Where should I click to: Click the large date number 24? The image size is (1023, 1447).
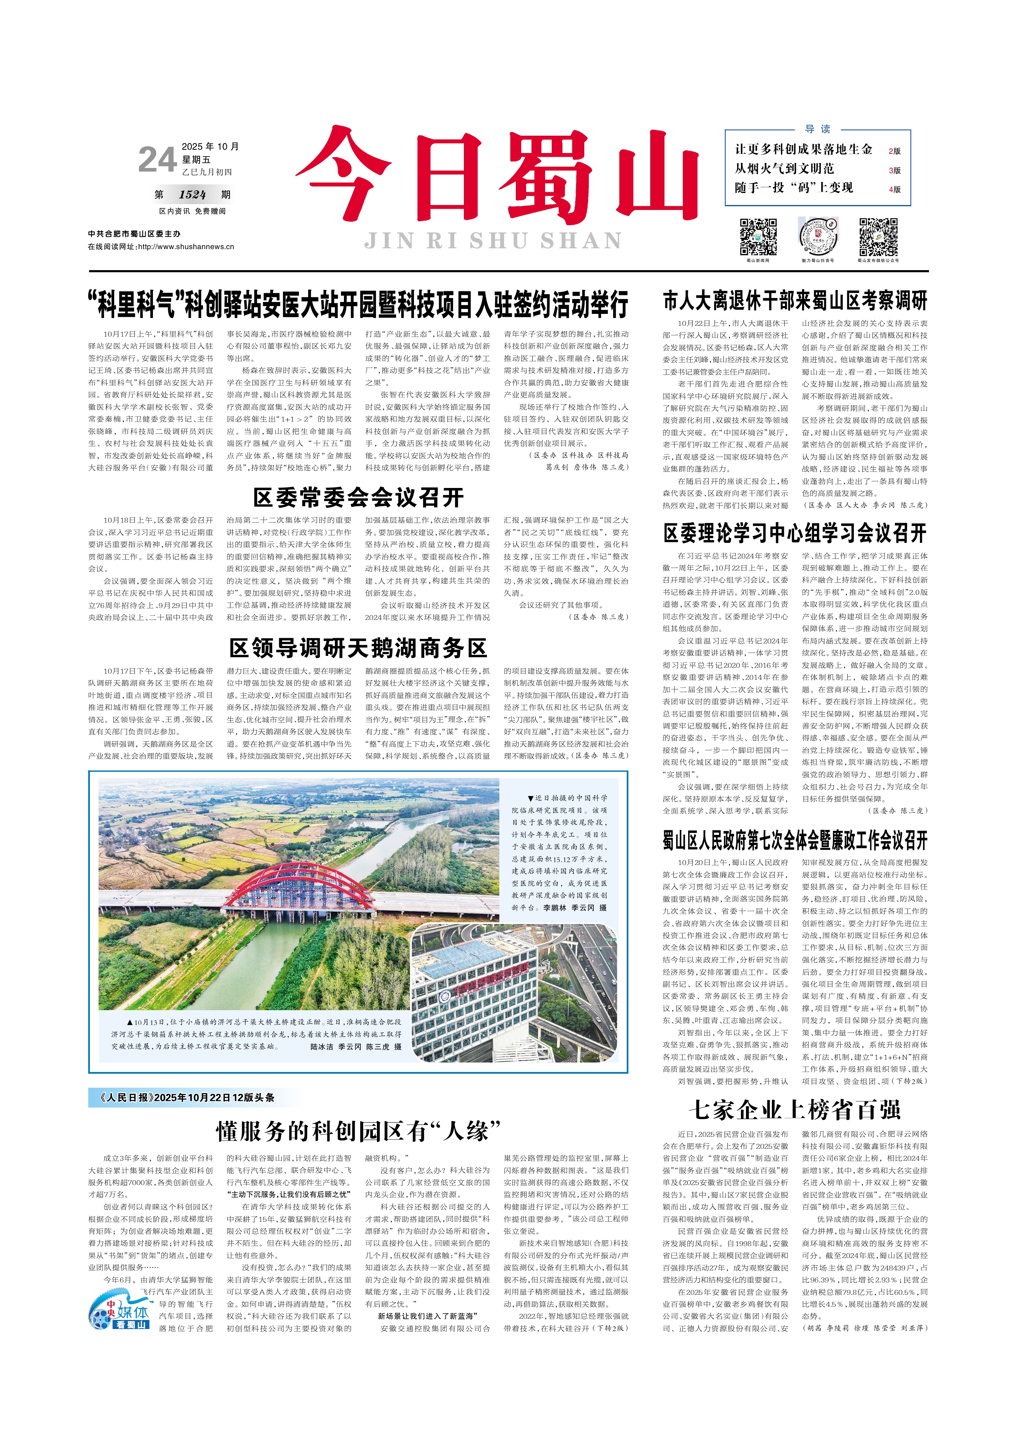tap(156, 160)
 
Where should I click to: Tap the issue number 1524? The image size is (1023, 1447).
tap(192, 195)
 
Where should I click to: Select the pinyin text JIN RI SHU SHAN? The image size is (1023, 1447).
tap(493, 241)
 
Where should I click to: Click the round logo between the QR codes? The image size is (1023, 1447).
tap(818, 236)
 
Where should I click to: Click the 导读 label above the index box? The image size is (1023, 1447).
tap(818, 129)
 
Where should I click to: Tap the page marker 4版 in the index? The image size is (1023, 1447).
tap(894, 189)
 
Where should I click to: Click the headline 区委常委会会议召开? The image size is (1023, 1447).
tap(358, 498)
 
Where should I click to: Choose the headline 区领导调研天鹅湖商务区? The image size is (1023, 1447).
tap(358, 648)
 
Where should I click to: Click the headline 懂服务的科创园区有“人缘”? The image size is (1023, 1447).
tap(358, 1132)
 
